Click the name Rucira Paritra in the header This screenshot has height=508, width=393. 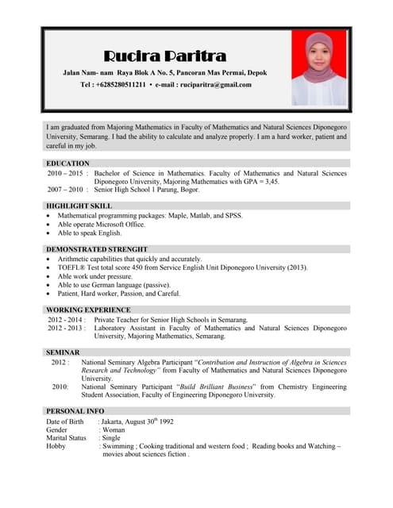coord(165,56)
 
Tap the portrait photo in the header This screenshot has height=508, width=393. coord(319,67)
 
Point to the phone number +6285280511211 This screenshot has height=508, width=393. coord(119,84)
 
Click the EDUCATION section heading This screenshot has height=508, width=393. coord(67,163)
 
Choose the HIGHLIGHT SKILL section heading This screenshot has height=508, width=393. coord(79,206)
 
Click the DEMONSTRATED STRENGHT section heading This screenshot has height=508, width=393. coord(96,249)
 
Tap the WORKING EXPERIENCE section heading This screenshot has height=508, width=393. coord(88,310)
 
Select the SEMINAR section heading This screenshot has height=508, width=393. coord(63,352)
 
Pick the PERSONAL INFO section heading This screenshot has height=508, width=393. coord(75,411)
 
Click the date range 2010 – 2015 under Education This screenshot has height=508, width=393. coord(65,173)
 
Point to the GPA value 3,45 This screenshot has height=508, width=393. coord(271,182)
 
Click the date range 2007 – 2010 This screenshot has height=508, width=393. coord(65,190)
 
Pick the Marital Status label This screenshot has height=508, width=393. coord(66,437)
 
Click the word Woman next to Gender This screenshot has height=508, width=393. coord(115,429)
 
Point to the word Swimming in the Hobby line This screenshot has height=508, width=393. coord(118,446)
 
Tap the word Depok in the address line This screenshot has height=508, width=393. coord(257,73)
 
